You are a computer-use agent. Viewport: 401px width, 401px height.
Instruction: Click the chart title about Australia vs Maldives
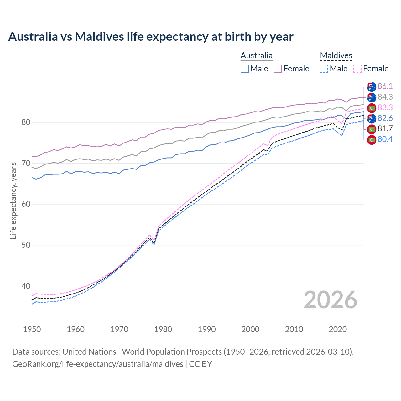coord(151,37)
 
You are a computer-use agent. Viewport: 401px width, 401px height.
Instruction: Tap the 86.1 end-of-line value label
coord(385,86)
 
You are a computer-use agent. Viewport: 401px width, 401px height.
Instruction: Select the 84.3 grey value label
coord(385,97)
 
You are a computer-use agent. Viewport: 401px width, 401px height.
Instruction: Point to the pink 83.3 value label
coord(385,107)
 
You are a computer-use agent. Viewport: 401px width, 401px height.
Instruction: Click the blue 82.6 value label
coord(385,118)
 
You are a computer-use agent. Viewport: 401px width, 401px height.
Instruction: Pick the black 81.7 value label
coord(385,129)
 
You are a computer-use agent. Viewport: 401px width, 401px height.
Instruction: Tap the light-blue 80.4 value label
coord(385,139)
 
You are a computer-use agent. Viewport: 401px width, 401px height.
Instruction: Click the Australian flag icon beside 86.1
coord(372,86)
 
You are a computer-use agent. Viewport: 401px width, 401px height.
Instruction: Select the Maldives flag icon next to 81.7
coord(372,129)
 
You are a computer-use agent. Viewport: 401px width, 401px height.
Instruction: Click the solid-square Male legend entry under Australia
coord(254,69)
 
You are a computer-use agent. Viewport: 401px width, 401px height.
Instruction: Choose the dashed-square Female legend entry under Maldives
coord(371,69)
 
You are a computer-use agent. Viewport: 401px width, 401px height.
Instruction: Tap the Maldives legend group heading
coord(336,56)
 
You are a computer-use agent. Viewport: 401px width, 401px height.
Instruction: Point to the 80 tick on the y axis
coord(26,122)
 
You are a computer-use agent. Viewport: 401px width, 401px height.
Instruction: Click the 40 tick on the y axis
coord(26,286)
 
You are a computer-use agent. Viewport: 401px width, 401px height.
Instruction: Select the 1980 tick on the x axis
coord(163,329)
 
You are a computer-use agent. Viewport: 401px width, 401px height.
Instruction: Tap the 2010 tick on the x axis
coord(294,329)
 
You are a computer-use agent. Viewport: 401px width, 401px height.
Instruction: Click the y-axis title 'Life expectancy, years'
coord(13,200)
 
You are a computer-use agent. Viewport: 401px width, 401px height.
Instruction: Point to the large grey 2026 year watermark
coord(330,300)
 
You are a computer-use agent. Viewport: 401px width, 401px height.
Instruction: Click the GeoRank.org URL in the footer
coord(98,364)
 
